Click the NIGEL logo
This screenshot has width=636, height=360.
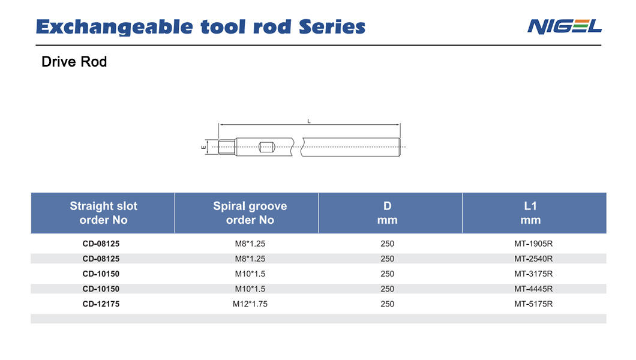pos(564,27)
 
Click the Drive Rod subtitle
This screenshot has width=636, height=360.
pos(74,62)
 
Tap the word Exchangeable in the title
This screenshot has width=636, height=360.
pos(113,27)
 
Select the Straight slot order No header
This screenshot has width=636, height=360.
pos(103,213)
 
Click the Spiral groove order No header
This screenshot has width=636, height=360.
pos(250,213)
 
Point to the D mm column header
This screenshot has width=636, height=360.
pos(388,213)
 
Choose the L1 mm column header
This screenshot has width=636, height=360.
pos(530,213)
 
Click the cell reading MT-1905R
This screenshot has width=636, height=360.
pos(533,244)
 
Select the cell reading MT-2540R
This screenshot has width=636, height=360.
pos(533,259)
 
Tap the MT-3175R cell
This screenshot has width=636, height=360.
pos(533,274)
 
